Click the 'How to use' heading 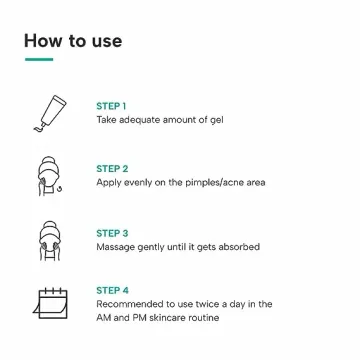pos(73,41)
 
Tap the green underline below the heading pos(38,60)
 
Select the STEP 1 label pos(111,106)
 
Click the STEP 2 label pos(112,169)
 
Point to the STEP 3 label pos(112,233)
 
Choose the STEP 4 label pos(112,291)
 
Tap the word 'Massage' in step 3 pos(115,247)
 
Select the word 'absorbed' pos(239,247)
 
